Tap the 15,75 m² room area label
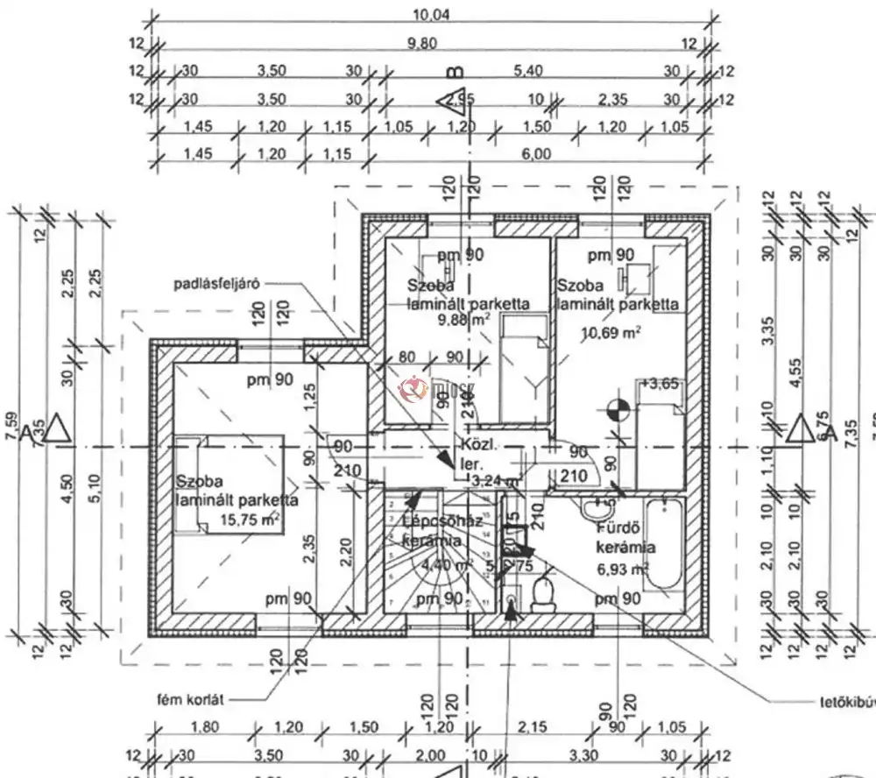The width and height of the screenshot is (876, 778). [x=251, y=520]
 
